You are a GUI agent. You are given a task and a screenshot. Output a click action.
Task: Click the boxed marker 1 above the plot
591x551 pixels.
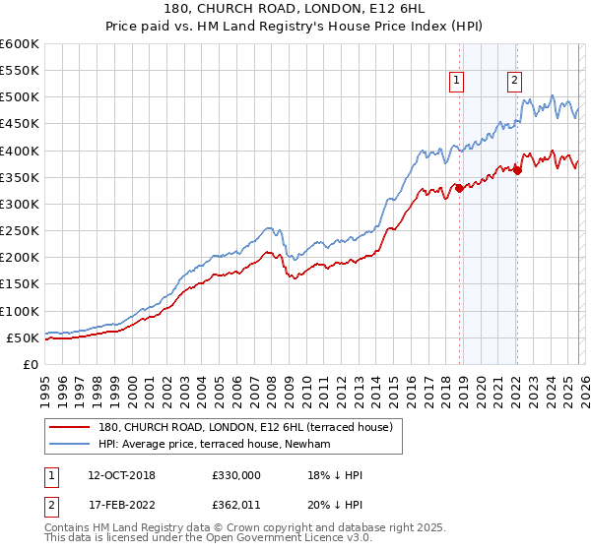459,82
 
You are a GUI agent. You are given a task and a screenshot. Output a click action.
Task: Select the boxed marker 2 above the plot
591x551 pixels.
515,82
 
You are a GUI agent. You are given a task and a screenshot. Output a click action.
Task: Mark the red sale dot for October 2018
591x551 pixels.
459,188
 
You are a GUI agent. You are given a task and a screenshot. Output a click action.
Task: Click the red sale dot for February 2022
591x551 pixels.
517,171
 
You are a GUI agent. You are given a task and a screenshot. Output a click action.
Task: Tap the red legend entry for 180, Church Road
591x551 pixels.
245,427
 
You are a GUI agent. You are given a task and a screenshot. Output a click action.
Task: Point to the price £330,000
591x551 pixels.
236,475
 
